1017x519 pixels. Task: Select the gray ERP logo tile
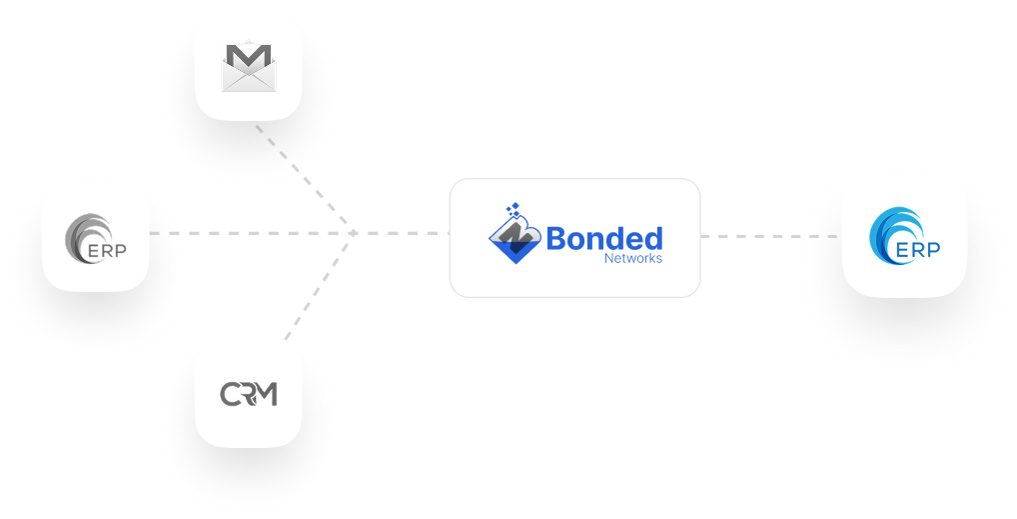click(96, 237)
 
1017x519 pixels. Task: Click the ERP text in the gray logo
click(108, 250)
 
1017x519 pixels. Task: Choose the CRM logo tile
click(249, 393)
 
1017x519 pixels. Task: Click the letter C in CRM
click(229, 394)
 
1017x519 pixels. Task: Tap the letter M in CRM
click(264, 394)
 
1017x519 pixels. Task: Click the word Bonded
click(603, 238)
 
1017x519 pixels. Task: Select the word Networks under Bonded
click(632, 258)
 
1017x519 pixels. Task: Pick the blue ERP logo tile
click(904, 235)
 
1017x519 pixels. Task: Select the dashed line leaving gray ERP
click(250, 233)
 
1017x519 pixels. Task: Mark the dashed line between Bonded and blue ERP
click(769, 237)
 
